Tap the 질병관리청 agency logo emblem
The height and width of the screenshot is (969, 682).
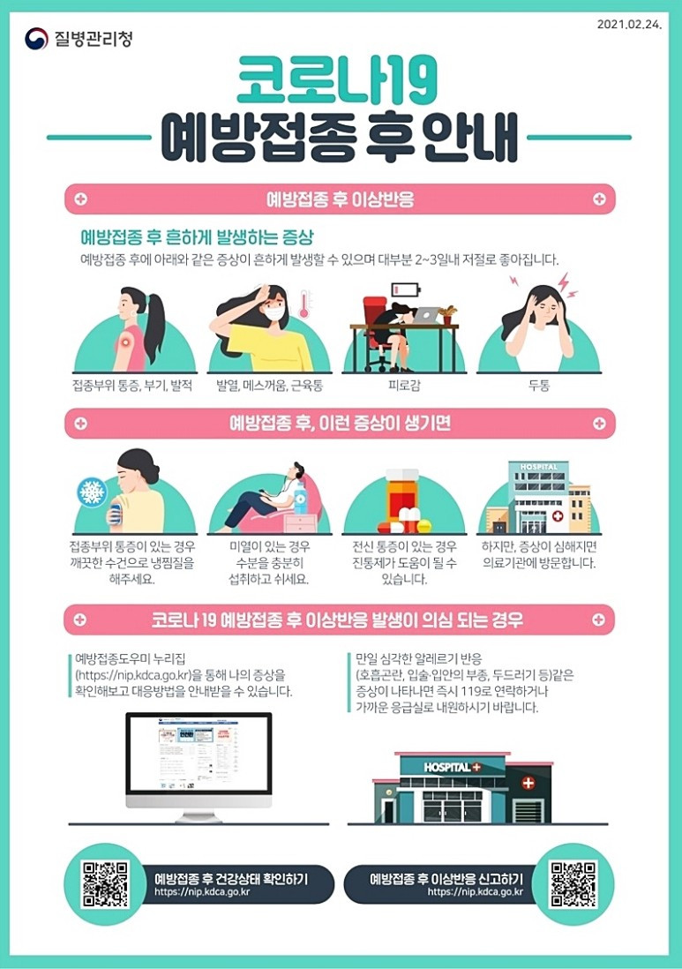coord(36,39)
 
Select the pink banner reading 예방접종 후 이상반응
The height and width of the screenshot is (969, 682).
coord(340,199)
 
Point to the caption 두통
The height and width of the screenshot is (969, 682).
coord(539,386)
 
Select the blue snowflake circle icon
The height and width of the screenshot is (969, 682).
coord(93,492)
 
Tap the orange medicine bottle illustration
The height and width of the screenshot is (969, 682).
coord(403,500)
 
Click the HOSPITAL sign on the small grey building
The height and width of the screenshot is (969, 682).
coord(538,467)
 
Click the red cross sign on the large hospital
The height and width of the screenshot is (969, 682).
coord(528,783)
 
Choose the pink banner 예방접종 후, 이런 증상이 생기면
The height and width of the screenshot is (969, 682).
coord(340,424)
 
